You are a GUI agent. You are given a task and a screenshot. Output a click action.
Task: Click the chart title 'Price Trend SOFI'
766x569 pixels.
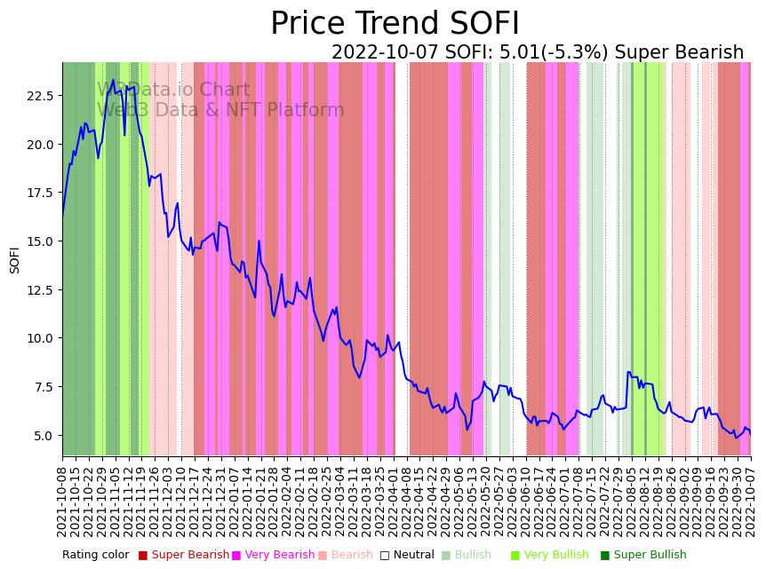pyautogui.click(x=395, y=24)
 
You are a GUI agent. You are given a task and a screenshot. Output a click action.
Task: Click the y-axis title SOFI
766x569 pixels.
pyautogui.click(x=15, y=259)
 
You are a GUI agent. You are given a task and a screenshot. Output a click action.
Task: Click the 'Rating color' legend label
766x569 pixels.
pyautogui.click(x=95, y=555)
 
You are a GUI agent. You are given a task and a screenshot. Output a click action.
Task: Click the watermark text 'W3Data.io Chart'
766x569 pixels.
pyautogui.click(x=173, y=90)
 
